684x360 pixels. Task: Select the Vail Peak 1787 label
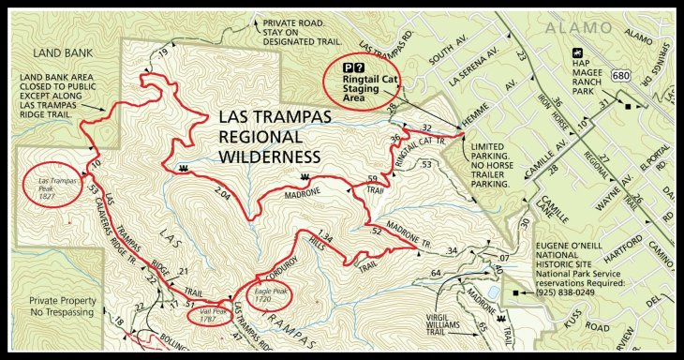click(x=213, y=314)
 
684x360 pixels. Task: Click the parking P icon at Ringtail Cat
click(x=348, y=67)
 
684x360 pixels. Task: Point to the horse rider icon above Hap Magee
click(x=578, y=52)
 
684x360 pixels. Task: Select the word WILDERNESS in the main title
click(x=268, y=155)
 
